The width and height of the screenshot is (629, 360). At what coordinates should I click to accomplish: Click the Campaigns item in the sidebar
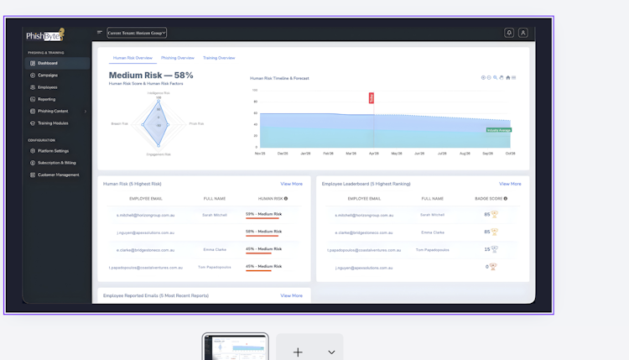(48, 76)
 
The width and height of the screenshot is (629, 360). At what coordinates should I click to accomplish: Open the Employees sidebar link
(47, 87)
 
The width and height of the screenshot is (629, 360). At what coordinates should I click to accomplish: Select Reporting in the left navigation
(46, 99)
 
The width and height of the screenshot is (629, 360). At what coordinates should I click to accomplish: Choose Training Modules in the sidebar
(53, 123)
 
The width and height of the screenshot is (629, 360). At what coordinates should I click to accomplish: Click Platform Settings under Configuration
(53, 151)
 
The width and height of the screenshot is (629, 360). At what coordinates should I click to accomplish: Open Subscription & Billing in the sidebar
(56, 163)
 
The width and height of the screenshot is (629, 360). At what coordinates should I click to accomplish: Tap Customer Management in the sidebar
(58, 175)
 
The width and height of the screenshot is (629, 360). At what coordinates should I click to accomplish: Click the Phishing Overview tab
(178, 58)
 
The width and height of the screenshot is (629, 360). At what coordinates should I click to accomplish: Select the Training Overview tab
(219, 58)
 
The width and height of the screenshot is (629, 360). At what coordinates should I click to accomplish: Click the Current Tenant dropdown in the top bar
(137, 33)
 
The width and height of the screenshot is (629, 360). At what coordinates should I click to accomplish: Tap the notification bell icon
(508, 33)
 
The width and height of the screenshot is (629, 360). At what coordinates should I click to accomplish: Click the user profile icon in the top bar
(522, 33)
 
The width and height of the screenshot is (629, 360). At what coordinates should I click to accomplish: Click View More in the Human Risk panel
(291, 184)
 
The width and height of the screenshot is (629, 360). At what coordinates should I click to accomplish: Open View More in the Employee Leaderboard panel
(510, 184)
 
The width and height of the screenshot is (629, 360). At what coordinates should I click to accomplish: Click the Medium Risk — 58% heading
(151, 76)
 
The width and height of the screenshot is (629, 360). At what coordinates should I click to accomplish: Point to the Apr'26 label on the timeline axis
(374, 154)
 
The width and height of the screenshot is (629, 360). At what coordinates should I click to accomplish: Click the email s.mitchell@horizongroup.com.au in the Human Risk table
(146, 215)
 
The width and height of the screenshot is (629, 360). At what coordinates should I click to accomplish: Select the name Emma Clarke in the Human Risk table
(215, 249)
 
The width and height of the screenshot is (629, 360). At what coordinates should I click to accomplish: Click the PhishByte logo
(45, 36)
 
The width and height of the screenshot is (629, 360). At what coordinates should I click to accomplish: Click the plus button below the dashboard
(298, 352)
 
